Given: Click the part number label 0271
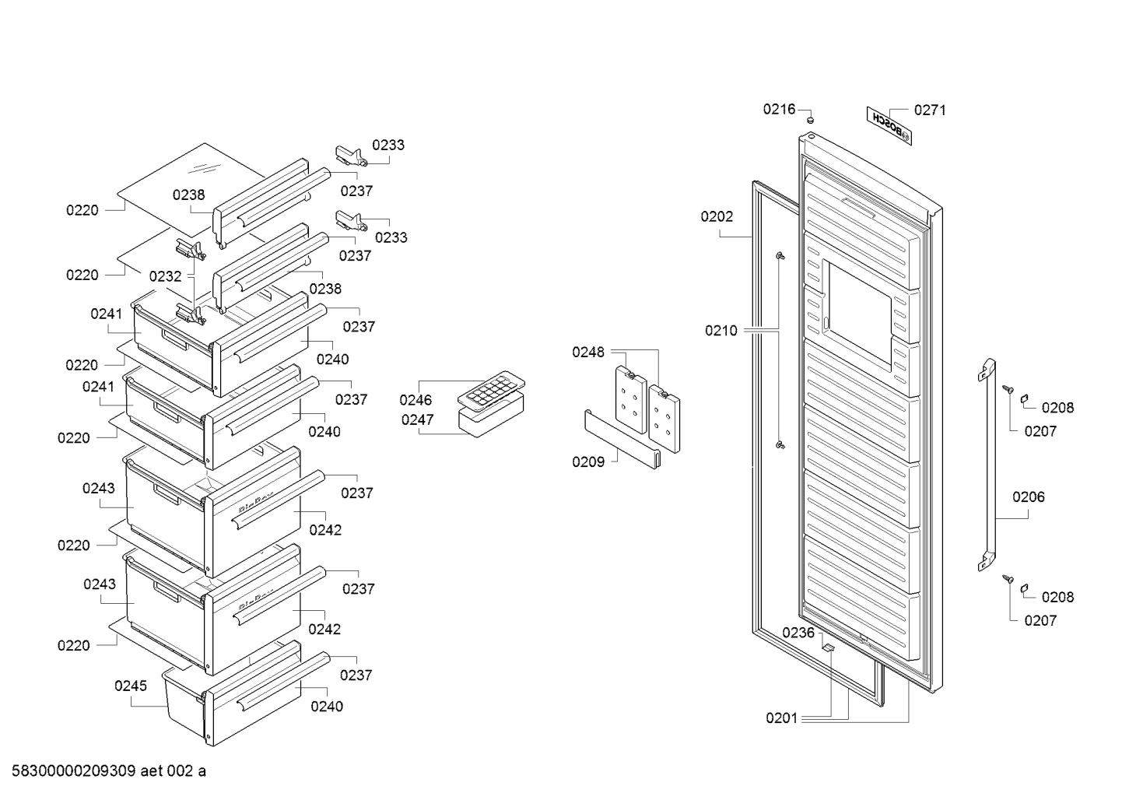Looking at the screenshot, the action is tap(930, 111).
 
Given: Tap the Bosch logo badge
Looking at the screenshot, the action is tap(889, 126).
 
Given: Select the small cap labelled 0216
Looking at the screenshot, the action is tap(811, 120).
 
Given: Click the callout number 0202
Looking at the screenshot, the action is tap(717, 216).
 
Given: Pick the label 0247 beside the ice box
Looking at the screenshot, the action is tap(417, 419).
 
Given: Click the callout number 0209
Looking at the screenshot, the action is tap(588, 462).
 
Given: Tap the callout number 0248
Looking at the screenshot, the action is tap(588, 353).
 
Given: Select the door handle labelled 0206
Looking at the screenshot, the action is tap(987, 465).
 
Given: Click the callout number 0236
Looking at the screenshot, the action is tap(798, 633).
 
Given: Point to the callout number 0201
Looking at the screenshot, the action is tap(781, 718).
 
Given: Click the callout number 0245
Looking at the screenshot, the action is tap(131, 686).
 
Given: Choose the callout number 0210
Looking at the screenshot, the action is tap(721, 331).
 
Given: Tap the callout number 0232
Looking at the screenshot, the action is tap(165, 276).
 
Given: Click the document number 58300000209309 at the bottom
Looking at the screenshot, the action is tap(74, 771).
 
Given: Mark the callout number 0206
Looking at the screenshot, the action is tap(1029, 497).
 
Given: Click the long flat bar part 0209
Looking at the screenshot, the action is tap(622, 439).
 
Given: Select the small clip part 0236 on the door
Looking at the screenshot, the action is tap(828, 647).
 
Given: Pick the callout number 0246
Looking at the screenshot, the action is tap(415, 400).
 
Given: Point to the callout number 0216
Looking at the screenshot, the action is tap(779, 109).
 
